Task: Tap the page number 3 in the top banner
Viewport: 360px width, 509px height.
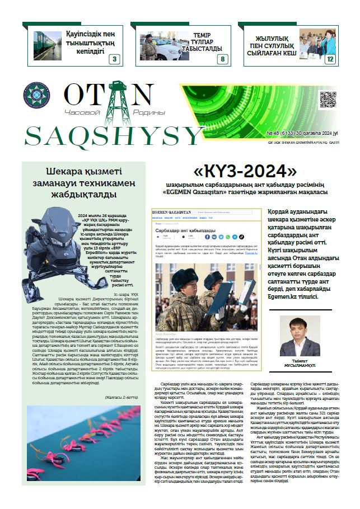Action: [x=114, y=59]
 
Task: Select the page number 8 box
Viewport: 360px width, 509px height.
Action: [x=222, y=59]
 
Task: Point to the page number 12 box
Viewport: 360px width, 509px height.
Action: [x=330, y=59]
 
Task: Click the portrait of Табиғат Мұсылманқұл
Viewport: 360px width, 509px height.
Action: [x=296, y=336]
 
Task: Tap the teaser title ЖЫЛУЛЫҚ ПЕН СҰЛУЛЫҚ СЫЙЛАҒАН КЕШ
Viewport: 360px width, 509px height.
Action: [x=272, y=45]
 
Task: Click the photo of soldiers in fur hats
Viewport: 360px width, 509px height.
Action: [x=205, y=296]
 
